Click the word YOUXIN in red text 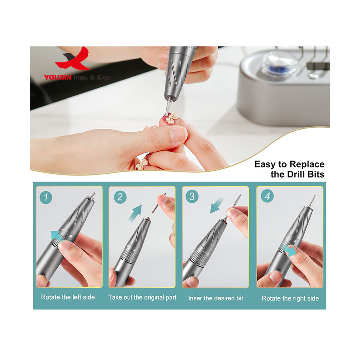click(58, 78)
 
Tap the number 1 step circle click(46, 197)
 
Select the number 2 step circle click(120, 197)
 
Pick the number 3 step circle click(192, 196)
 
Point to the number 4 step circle click(267, 196)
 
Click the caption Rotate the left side click(68, 297)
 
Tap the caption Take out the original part click(142, 297)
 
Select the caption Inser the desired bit click(216, 298)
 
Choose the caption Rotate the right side click(290, 298)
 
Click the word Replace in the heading click(307, 164)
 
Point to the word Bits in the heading click(316, 174)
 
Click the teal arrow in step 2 click(136, 213)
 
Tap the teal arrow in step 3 click(217, 206)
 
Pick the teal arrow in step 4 click(290, 251)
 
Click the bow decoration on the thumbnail click(171, 118)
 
